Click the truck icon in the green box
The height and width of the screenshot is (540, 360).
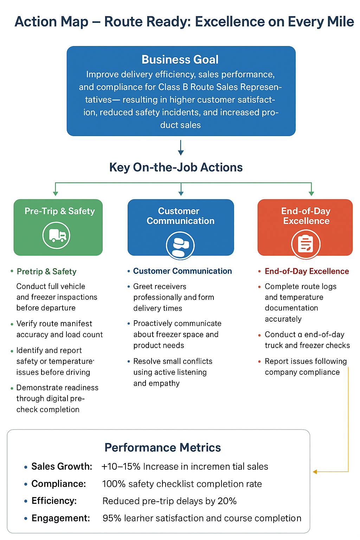pos(56,235)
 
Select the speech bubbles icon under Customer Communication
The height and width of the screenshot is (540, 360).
pos(180,245)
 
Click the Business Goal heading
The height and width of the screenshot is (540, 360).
pos(180,59)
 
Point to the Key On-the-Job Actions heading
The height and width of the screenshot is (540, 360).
pos(176,167)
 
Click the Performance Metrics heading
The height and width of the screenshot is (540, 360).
pos(162,448)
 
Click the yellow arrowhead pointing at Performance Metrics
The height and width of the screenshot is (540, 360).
pos(315,472)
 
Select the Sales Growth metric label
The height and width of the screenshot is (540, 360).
pos(62,467)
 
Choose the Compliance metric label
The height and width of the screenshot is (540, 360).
pos(58,484)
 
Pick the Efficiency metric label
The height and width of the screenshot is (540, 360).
pos(54,501)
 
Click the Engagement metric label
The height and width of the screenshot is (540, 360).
pos(60,518)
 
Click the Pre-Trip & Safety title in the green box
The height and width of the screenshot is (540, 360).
pos(60,211)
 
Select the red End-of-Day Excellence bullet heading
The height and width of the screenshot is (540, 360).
pos(307,271)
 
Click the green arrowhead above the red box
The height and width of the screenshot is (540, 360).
pos(311,193)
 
